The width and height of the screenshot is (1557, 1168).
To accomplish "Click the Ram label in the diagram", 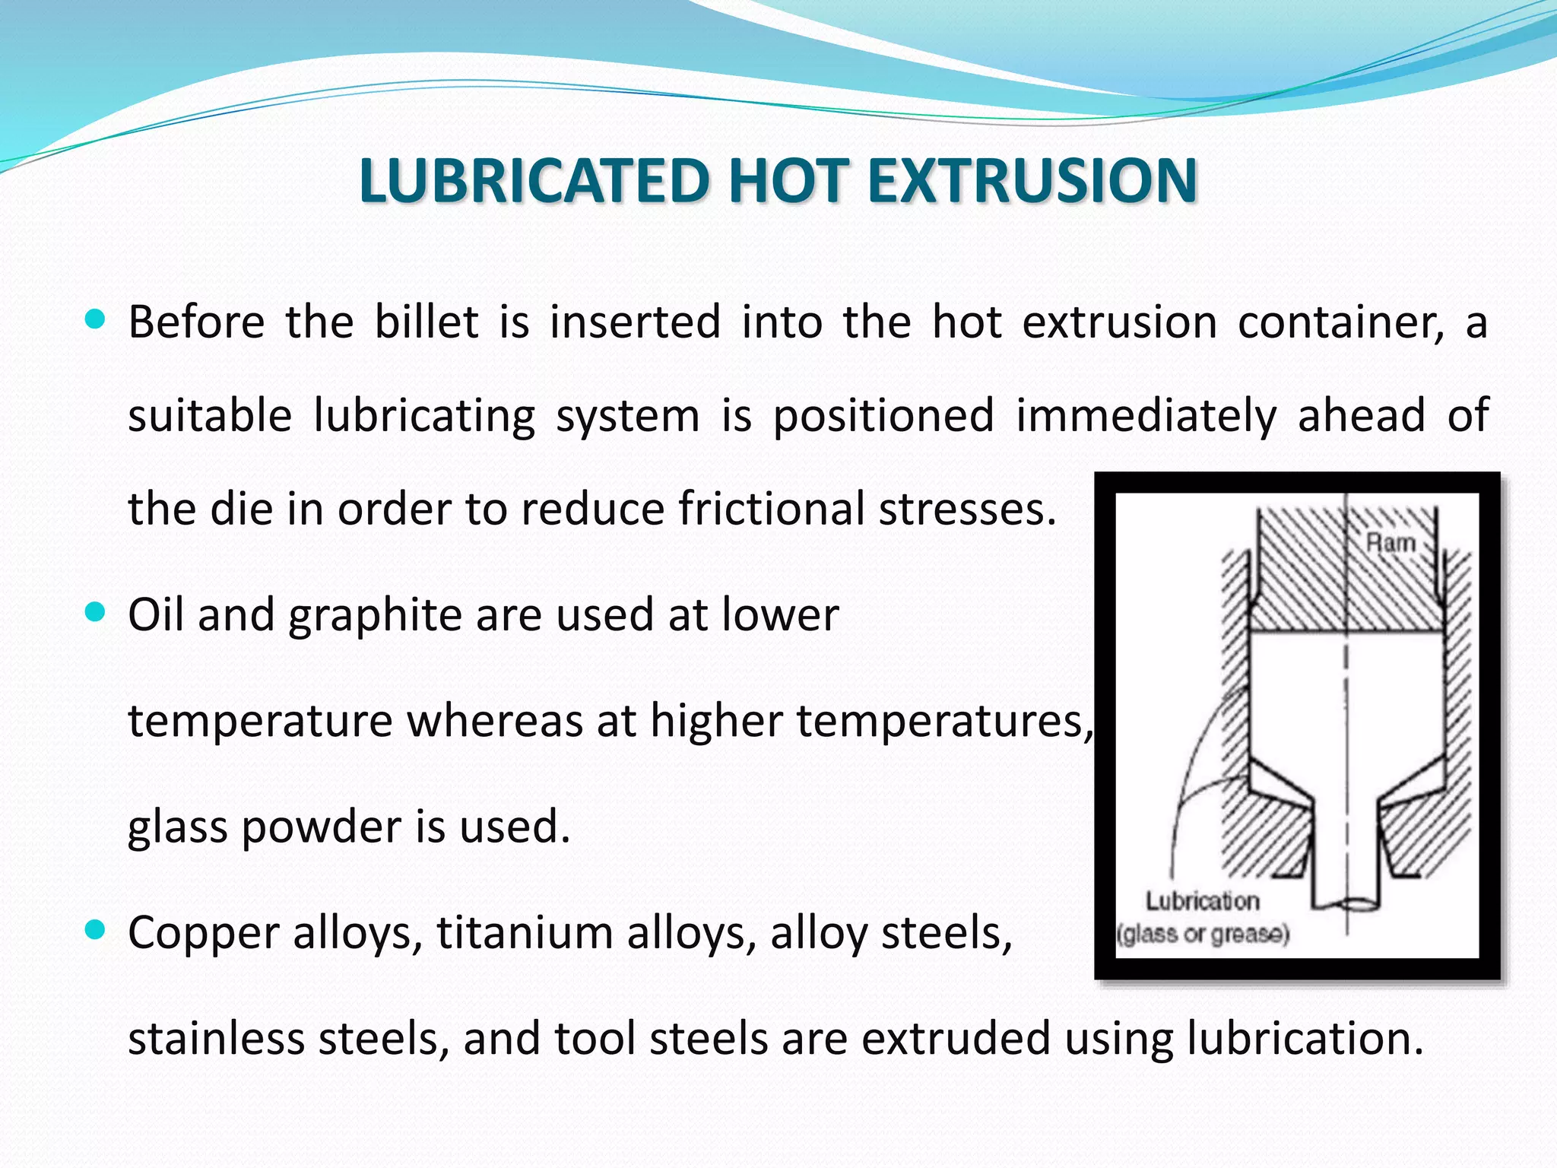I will pos(1391,543).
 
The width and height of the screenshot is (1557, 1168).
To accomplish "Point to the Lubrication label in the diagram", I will pos(1202,901).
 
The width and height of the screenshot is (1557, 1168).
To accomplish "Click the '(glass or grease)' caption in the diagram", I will pos(1203,934).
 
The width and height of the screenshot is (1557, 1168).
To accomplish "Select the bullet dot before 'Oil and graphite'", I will pos(95,612).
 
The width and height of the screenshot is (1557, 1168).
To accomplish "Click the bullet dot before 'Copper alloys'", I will pos(95,930).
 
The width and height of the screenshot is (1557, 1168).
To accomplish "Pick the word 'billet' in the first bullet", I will pos(427,322).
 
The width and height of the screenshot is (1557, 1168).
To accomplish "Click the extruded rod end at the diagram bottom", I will pos(1346,903).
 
